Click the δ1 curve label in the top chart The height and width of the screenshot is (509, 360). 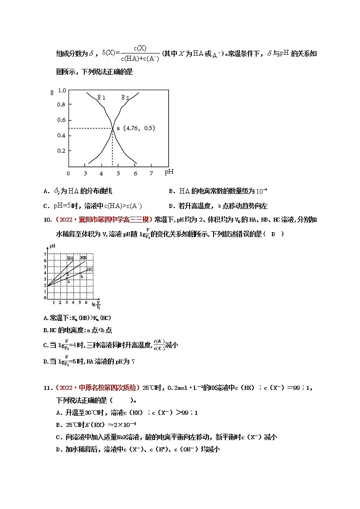point(102,97)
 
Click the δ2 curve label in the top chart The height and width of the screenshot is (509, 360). point(125,97)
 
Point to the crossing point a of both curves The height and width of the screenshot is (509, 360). point(112,129)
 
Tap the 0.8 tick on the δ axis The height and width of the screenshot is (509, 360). point(61,105)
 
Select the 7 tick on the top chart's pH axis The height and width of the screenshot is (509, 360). point(151,173)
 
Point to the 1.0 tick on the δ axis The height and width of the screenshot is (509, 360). point(61,90)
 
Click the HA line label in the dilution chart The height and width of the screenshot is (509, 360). point(70,258)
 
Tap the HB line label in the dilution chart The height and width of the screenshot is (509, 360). point(83,258)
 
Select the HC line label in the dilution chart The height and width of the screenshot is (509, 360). point(90,269)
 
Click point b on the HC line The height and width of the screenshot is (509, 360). point(82,276)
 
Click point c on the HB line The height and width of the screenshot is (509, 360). point(68,274)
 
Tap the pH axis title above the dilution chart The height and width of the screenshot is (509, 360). point(52,246)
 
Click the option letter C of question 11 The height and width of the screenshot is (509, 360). point(58,437)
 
